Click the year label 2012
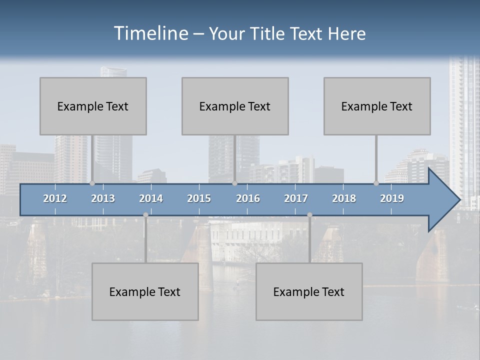55,198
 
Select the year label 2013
103,198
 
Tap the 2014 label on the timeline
151,198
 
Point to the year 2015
199,198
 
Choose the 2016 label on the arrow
248,198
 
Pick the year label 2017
296,198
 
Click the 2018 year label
344,198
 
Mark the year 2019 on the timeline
392,198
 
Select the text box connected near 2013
93,106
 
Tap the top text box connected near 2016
235,106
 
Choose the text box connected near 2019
377,106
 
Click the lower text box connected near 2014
145,291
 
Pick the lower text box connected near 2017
309,291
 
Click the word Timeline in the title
150,33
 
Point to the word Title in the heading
268,33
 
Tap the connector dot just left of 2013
92,183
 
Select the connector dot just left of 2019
376,183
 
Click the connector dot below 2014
145,215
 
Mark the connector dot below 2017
309,215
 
